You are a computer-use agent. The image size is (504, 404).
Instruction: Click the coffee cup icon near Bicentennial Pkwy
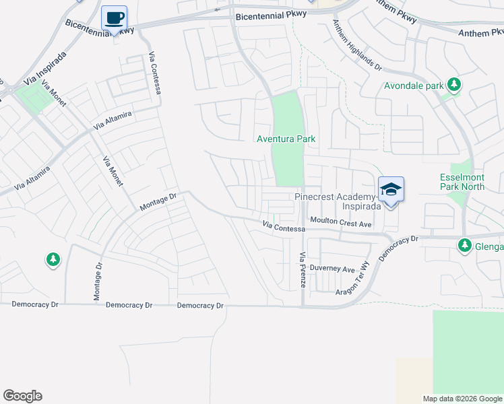point(114,18)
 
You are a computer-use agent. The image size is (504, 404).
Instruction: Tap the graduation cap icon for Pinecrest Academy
point(391,189)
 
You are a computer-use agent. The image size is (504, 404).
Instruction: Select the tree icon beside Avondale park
point(455,85)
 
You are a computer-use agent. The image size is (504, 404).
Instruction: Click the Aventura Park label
point(286,139)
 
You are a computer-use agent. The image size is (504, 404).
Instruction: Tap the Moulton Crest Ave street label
point(341,222)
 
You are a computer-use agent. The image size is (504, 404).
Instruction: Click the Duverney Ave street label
point(334,269)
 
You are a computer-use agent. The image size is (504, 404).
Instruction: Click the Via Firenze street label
point(303,270)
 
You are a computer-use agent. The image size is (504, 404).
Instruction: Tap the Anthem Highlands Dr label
point(357,45)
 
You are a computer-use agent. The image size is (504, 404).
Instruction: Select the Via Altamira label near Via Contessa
point(113,121)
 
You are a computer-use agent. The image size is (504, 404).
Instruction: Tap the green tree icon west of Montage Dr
point(53,260)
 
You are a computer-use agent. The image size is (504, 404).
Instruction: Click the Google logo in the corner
point(22,396)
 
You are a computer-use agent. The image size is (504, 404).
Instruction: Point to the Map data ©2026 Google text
point(462,399)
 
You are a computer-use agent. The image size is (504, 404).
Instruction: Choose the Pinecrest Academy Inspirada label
point(337,201)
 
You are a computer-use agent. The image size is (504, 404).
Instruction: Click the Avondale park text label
point(414,86)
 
